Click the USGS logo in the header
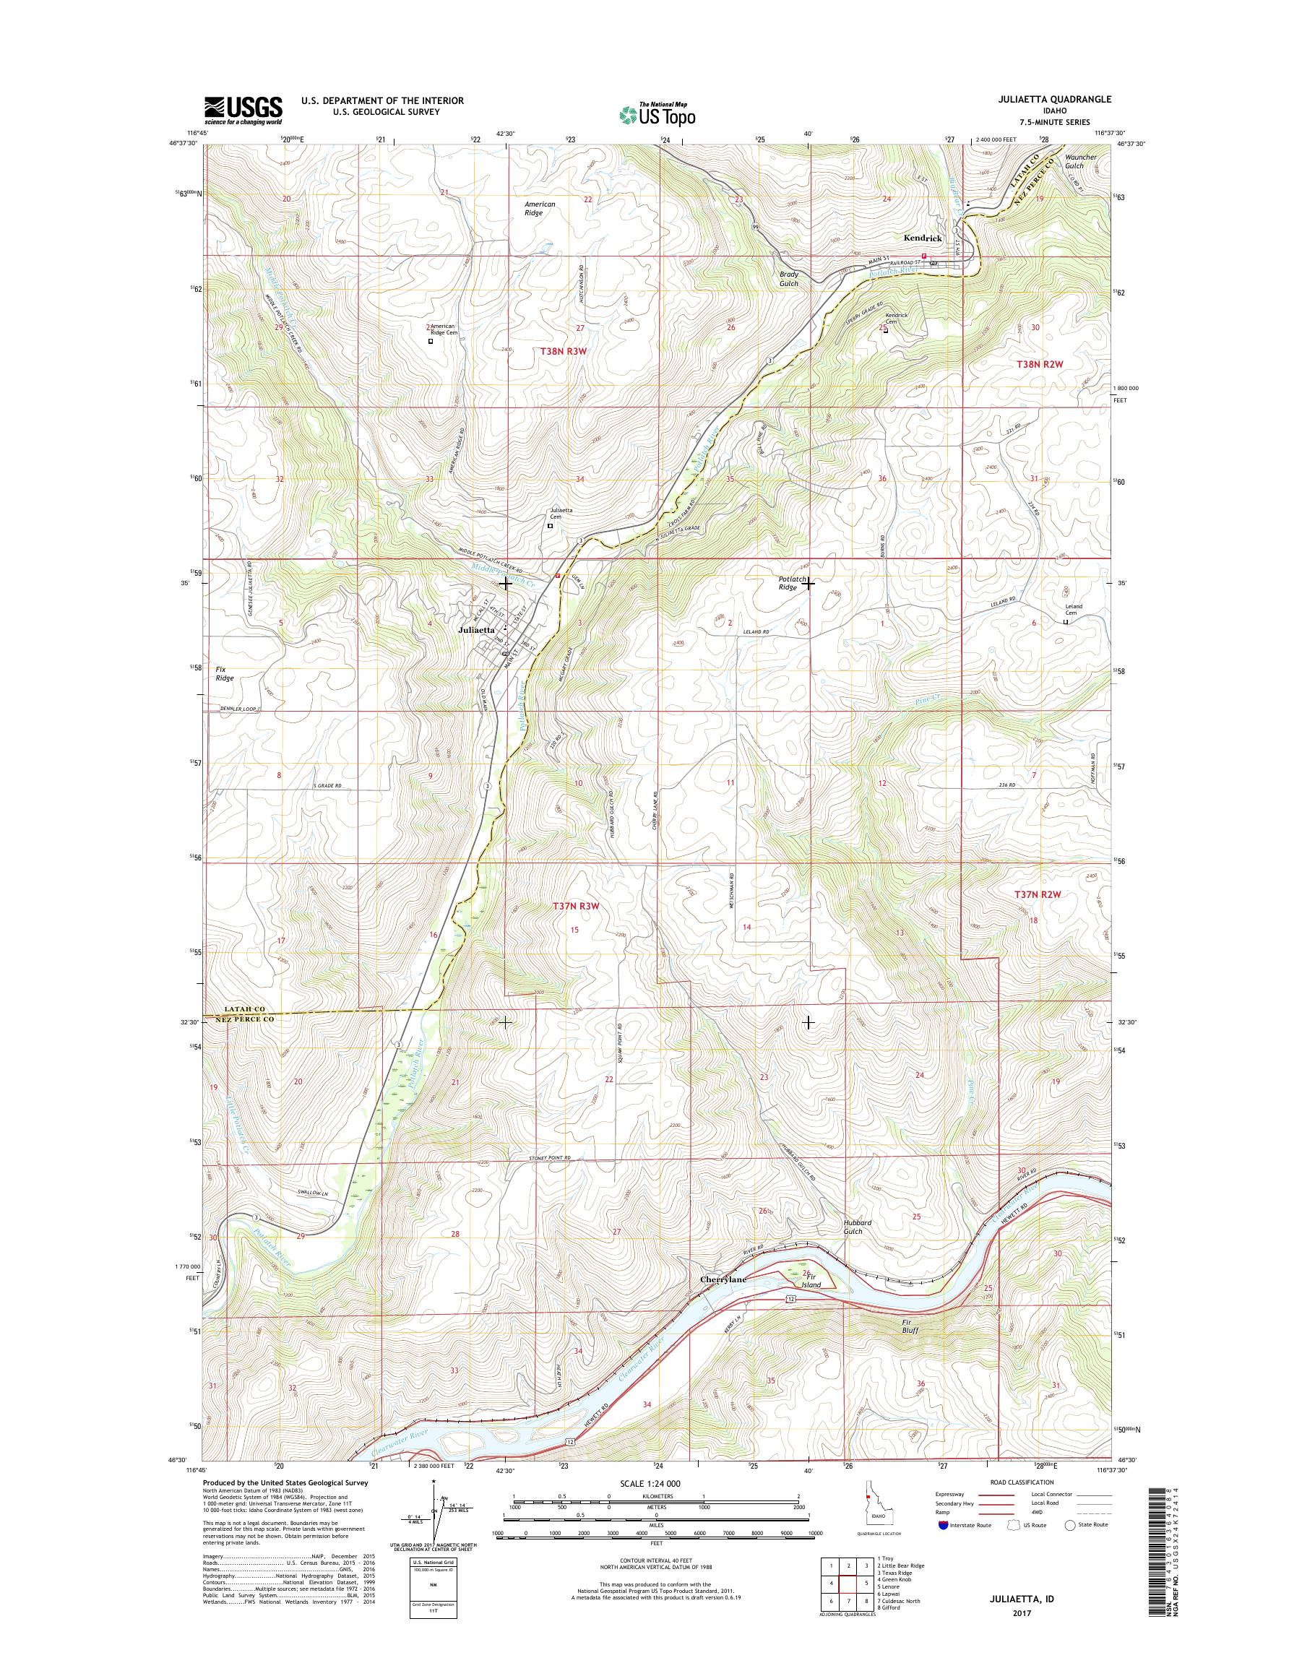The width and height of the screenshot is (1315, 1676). (243, 109)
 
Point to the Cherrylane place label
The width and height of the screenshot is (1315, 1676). (723, 1279)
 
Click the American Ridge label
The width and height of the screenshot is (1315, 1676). (540, 208)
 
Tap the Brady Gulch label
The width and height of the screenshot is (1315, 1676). (788, 279)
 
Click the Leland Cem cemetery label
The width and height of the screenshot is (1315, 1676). (1072, 609)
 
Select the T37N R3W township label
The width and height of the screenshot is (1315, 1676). (575, 907)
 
